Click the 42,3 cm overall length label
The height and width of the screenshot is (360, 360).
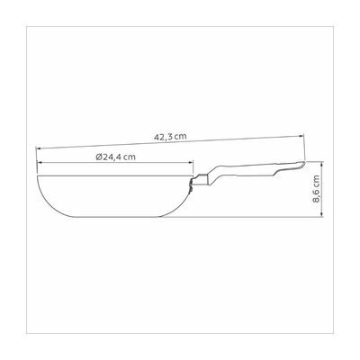[170, 137]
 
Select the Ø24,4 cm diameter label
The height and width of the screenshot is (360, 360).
[116, 157]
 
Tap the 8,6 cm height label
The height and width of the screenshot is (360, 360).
[317, 189]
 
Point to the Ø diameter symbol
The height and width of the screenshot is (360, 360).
[100, 157]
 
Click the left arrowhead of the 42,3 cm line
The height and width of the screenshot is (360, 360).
[38, 148]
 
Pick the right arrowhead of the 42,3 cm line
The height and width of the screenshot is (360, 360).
[302, 136]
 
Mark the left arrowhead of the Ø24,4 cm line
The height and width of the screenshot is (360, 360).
[40, 162]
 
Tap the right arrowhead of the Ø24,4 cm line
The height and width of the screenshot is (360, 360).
[191, 162]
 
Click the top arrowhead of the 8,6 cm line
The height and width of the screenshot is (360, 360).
[322, 164]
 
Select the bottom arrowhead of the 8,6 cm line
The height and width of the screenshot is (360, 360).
[322, 213]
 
